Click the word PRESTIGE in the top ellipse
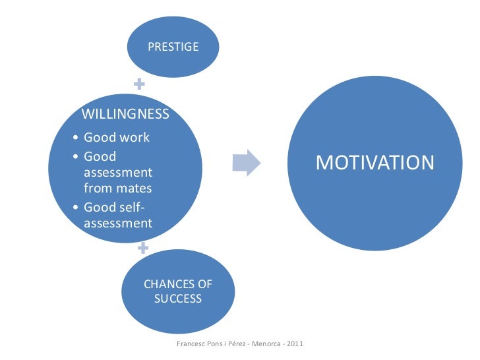pos(173,47)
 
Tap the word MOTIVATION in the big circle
pos(375,162)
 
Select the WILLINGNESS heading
pos(125,114)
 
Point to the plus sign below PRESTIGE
pos(139,84)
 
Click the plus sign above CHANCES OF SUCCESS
pos(142,249)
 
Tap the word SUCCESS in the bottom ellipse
pos(178,299)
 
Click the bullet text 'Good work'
pos(117,138)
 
